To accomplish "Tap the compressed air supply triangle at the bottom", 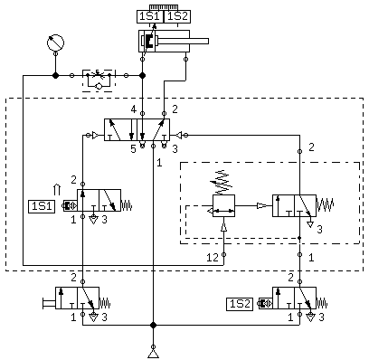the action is [x=154, y=355].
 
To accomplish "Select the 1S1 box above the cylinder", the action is [x=150, y=16].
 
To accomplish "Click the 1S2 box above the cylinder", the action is [x=177, y=16].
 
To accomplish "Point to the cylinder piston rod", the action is [x=182, y=41].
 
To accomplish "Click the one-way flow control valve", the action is [x=99, y=81].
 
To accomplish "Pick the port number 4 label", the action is [x=134, y=109].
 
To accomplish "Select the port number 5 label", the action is [x=134, y=148].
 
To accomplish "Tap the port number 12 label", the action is [x=213, y=258].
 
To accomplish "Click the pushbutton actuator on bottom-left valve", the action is [x=49, y=303].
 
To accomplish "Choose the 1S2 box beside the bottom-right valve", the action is [x=240, y=304].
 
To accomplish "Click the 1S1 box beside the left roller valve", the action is [x=42, y=206].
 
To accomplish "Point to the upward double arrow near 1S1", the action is [x=57, y=190].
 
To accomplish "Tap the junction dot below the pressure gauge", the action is [x=55, y=75].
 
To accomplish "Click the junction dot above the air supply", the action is [x=154, y=325].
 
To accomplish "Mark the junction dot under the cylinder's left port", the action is [x=143, y=75].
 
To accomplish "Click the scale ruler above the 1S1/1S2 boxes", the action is [x=164, y=7].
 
